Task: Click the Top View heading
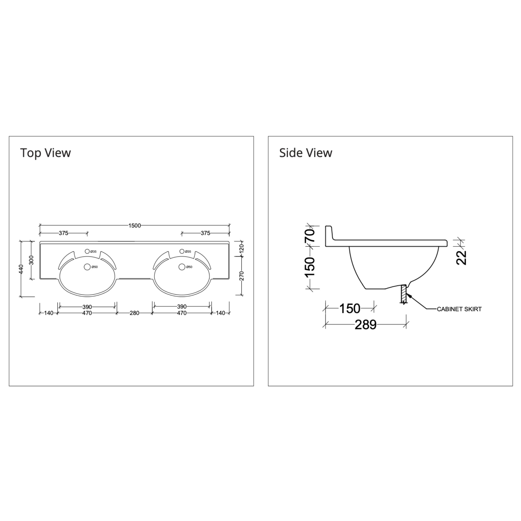point(45,153)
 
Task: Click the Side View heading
point(306,153)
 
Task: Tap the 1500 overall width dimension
point(134,225)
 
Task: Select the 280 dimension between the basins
point(134,313)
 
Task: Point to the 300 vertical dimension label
point(31,260)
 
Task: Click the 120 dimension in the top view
point(242,248)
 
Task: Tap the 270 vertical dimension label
point(242,276)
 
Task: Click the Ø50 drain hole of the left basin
point(87,267)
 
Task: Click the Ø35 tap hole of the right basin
point(182,251)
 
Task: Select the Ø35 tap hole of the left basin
point(87,251)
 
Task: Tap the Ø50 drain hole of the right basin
point(182,267)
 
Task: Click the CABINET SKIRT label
point(459,309)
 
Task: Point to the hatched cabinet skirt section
point(403,294)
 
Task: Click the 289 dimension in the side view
point(365,325)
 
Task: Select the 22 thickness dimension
point(461,257)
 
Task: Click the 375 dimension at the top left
point(64,233)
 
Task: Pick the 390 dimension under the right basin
point(182,307)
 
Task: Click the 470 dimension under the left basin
point(87,313)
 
